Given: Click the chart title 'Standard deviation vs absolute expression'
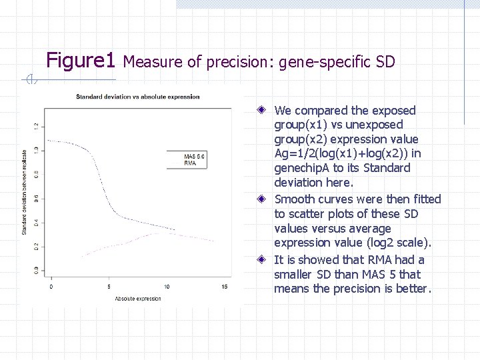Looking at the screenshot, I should coord(138,97).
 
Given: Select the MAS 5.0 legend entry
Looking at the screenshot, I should coord(195,157).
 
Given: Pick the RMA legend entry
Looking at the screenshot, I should coord(190,163).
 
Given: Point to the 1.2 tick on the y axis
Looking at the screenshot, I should coord(35,126).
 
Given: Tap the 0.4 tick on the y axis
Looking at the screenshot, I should coord(35,222).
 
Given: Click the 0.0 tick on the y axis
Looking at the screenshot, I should coord(35,269).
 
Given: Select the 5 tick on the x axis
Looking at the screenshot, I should coord(109,287).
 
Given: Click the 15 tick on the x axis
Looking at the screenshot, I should coord(224,287).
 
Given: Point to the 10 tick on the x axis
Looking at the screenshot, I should coord(166,287).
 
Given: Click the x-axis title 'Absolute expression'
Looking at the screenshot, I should coord(137,298).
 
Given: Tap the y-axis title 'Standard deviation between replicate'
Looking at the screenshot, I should coord(25,191).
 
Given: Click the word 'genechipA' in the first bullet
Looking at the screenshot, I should coord(303,168).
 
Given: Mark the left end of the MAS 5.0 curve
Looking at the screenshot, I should coord(49,141).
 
